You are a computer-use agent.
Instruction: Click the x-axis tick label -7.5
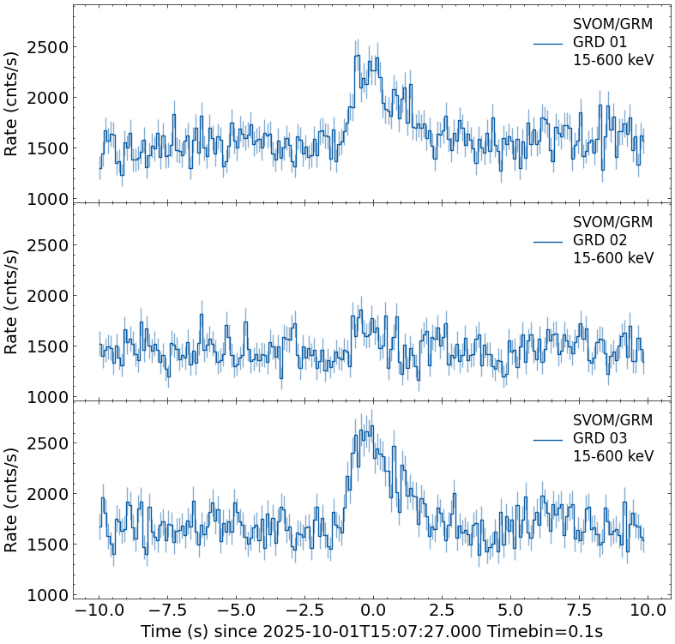click(167, 611)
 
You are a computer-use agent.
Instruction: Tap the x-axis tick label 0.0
click(373, 611)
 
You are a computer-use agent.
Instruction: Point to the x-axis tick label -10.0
click(99, 611)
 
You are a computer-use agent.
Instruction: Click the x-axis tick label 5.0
click(510, 611)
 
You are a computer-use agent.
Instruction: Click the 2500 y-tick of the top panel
click(47, 47)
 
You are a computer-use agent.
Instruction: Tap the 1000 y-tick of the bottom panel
click(47, 595)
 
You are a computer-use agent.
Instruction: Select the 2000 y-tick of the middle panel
click(47, 296)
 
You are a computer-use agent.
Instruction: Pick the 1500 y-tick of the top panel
click(47, 148)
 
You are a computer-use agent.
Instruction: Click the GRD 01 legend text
click(600, 42)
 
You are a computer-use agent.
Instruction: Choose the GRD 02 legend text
click(600, 240)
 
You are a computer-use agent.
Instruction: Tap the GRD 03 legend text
click(600, 438)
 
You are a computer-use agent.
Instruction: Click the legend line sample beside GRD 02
click(548, 241)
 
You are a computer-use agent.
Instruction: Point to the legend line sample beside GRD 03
click(548, 439)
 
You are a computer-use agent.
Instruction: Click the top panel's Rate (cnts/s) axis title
click(12, 104)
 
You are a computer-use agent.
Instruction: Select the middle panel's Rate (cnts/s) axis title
click(12, 302)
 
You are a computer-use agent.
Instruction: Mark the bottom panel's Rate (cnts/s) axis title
click(12, 500)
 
